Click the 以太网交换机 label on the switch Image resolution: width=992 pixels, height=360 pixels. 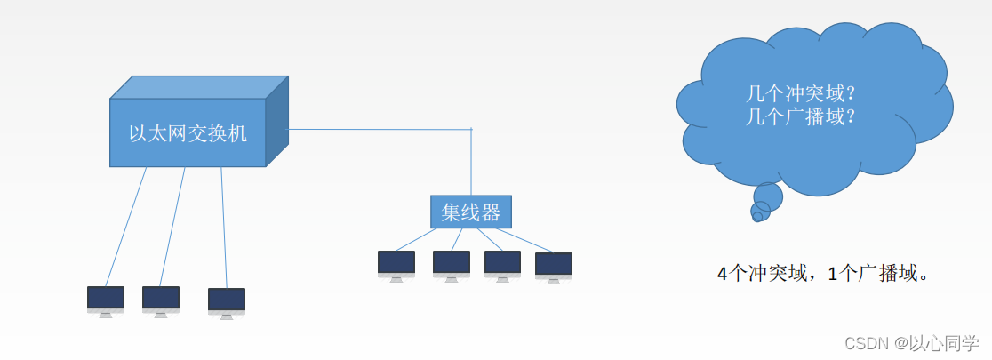click(x=188, y=134)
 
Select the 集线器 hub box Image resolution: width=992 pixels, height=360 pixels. click(x=471, y=212)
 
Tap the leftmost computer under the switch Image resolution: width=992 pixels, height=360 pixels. click(x=106, y=300)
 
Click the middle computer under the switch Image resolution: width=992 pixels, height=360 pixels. click(x=161, y=300)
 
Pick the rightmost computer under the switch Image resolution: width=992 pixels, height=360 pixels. click(x=227, y=301)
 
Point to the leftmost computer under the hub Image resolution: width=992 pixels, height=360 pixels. click(x=396, y=264)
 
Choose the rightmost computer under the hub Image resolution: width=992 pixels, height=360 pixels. click(x=554, y=266)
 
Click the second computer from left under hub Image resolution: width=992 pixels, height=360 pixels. click(x=452, y=264)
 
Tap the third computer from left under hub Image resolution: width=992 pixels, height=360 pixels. click(x=503, y=264)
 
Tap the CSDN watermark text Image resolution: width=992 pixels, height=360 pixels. click(x=911, y=343)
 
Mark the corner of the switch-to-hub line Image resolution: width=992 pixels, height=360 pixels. click(x=471, y=130)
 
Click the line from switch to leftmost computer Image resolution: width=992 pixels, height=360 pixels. click(x=126, y=226)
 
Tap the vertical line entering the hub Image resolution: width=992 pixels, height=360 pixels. click(x=471, y=164)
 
